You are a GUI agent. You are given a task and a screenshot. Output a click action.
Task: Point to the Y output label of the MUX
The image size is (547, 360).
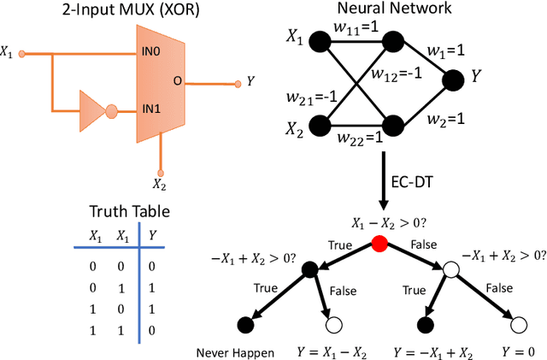(250, 82)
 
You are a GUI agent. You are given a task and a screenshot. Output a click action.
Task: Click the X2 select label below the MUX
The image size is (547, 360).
(159, 182)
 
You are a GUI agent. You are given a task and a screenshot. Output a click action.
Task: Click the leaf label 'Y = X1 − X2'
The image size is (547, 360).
(326, 351)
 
